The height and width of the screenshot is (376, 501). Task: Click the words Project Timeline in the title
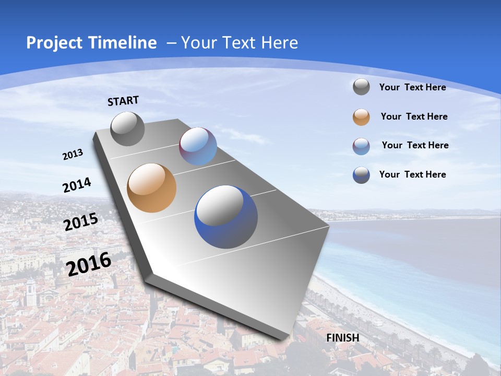[x=91, y=43]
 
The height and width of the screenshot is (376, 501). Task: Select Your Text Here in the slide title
[x=240, y=43]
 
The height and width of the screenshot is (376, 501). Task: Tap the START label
[x=123, y=101]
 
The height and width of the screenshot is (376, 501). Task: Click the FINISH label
[x=343, y=338]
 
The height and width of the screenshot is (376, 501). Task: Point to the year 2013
[x=73, y=155]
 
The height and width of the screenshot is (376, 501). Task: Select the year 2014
[x=77, y=185]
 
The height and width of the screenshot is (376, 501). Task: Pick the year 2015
[x=80, y=222]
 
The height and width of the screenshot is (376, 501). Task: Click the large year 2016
[x=89, y=264]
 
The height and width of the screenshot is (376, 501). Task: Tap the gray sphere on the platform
[x=127, y=128]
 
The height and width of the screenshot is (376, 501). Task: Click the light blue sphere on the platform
[x=198, y=146]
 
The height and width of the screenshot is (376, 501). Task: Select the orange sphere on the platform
[x=151, y=188]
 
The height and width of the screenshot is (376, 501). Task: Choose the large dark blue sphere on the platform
[x=226, y=217]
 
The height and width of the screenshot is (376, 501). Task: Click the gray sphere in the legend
[x=361, y=87]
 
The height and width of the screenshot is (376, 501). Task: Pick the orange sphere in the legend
[x=361, y=117]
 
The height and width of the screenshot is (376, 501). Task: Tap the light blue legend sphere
[x=361, y=146]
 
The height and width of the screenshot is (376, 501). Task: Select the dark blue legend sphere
[x=361, y=175]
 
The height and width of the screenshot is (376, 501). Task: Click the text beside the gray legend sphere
[x=412, y=87]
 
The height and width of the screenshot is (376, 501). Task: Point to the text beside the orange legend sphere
[x=414, y=116]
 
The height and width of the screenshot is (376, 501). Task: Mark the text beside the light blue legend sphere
[x=415, y=145]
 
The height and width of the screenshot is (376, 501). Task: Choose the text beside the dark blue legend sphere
[x=412, y=174]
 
